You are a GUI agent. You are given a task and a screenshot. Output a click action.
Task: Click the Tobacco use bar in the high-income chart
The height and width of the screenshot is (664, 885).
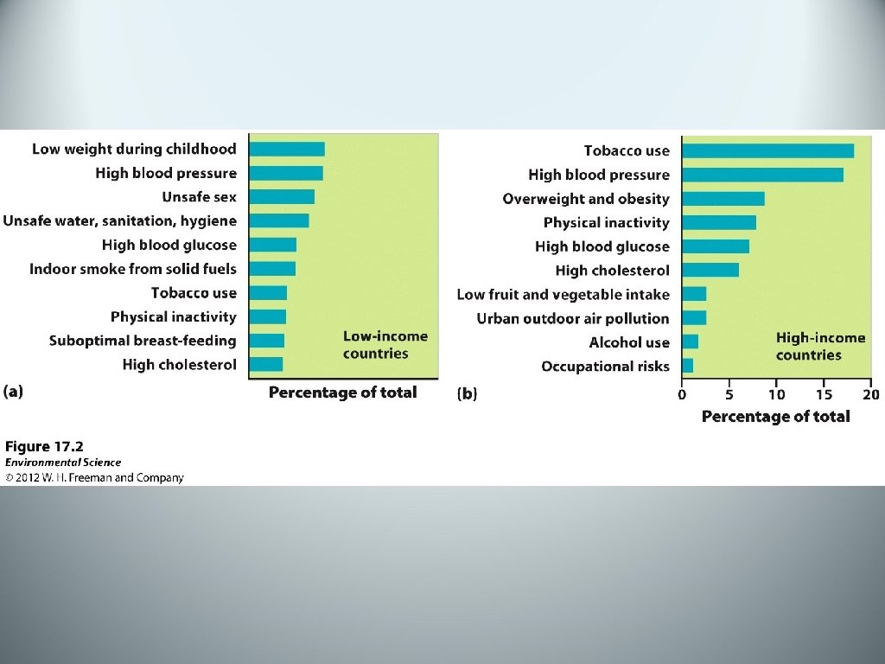(x=767, y=150)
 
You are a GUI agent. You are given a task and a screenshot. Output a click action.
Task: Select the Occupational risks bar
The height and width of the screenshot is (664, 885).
(x=687, y=366)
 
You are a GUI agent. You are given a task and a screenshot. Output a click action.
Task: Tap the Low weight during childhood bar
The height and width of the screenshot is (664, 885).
(x=287, y=149)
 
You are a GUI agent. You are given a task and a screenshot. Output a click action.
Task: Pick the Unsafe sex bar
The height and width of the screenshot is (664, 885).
(x=282, y=197)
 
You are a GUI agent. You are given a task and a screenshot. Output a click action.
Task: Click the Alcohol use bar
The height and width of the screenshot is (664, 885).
(x=690, y=342)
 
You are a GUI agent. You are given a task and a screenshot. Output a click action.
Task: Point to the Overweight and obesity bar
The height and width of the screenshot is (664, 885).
(x=723, y=199)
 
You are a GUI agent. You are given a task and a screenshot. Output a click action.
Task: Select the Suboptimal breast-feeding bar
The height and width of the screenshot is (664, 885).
(x=266, y=341)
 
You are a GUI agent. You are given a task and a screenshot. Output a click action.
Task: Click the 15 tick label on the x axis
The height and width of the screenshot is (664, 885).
(x=824, y=394)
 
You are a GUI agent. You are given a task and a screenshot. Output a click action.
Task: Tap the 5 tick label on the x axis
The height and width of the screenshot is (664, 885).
(x=729, y=394)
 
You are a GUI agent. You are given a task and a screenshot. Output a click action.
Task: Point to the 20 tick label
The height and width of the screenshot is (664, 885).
(x=871, y=394)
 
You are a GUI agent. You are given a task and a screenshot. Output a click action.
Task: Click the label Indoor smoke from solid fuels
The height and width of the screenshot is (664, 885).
(x=132, y=269)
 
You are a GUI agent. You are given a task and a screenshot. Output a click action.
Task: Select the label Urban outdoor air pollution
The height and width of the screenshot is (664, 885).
(x=573, y=318)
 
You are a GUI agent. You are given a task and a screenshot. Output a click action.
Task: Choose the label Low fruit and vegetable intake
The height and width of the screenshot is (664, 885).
(x=563, y=295)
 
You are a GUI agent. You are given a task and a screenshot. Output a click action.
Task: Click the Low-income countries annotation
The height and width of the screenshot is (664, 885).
(x=385, y=344)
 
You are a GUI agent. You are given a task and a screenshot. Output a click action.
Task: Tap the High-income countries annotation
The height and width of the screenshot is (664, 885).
(x=821, y=346)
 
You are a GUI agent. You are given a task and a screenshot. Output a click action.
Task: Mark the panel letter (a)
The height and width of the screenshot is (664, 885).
(x=13, y=392)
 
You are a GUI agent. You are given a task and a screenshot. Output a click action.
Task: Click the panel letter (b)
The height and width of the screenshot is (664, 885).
(x=467, y=393)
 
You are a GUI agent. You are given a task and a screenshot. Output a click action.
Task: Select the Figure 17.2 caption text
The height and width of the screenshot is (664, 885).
(x=44, y=447)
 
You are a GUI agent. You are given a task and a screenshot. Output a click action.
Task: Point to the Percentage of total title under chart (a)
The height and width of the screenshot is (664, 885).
(x=342, y=393)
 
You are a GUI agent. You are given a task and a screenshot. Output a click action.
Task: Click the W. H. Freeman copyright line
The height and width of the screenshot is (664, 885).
(x=94, y=477)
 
